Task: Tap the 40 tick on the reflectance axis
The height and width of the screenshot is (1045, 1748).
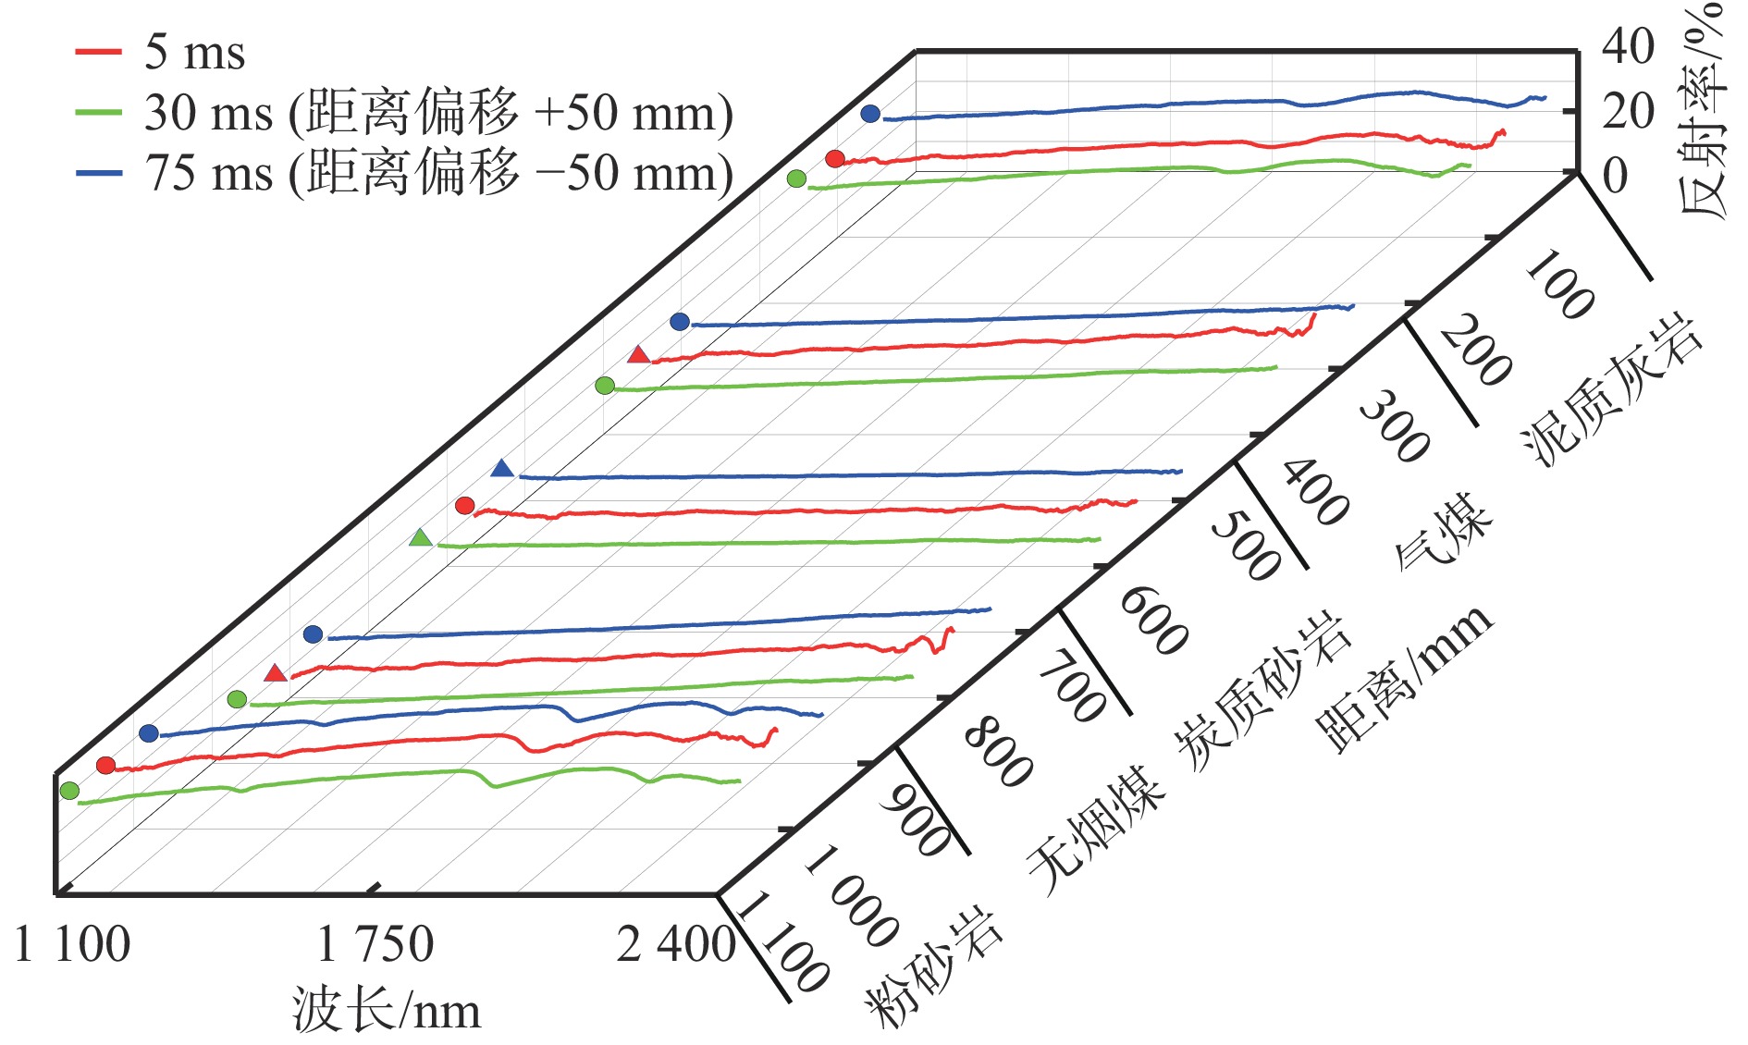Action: click(1628, 46)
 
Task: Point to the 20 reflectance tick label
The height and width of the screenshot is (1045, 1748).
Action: click(1628, 111)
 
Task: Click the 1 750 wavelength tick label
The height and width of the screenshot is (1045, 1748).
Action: click(375, 944)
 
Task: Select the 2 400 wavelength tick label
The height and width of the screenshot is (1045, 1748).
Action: click(675, 944)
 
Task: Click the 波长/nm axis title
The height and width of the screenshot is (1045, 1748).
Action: click(387, 1009)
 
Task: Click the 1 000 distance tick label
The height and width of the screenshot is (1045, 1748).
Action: click(851, 897)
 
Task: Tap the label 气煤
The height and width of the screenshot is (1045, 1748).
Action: click(1443, 530)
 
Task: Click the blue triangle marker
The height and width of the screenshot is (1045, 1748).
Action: click(502, 469)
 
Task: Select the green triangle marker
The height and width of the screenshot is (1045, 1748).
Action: click(421, 538)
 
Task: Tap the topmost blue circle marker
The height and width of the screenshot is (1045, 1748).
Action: click(870, 114)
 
